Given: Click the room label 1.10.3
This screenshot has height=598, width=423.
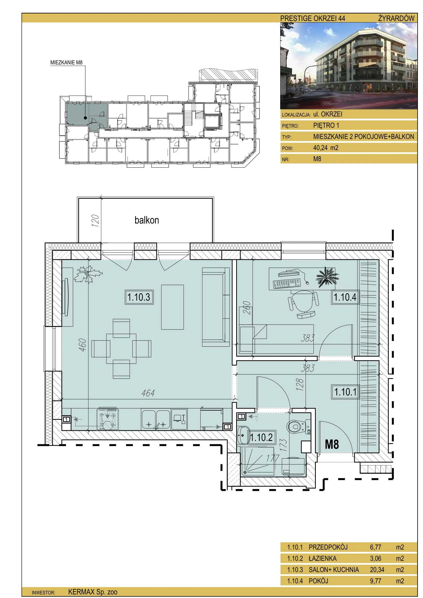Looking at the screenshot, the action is pos(139,297).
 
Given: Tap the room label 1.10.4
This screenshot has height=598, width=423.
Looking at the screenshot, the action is pos(345,297).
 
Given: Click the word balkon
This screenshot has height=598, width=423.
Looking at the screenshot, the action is pos(147,220).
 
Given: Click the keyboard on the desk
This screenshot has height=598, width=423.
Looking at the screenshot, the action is pos(287,284).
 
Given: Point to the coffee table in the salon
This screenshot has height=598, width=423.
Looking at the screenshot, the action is pos(172,307).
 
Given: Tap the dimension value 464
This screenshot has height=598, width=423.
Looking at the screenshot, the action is pos(148,393).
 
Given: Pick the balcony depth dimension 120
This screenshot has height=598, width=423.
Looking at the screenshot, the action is pos(95,220).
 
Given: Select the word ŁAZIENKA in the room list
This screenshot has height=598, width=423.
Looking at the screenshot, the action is pos(322,558).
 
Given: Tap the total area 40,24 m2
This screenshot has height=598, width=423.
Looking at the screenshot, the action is pos(326,148).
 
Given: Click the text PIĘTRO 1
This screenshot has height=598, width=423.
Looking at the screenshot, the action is pos(326,126).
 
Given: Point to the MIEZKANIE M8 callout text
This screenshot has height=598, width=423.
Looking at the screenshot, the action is pos(66,62).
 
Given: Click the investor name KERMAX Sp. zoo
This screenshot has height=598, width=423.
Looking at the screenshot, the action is pos(93,592).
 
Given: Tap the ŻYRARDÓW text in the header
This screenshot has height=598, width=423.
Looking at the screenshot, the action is pos(396,18).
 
